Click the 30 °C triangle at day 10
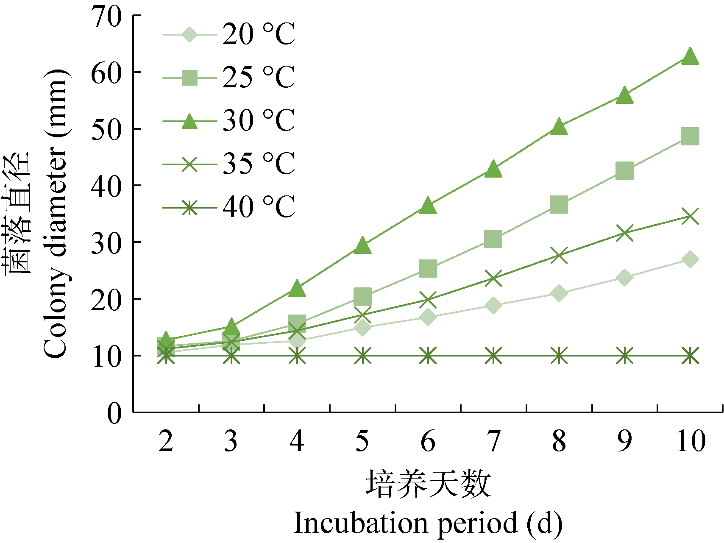coord(690,57)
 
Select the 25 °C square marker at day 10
coord(690,136)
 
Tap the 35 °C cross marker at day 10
coord(690,216)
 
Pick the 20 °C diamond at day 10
coord(690,259)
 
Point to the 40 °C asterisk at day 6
coord(428,355)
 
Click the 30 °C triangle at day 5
coord(362,246)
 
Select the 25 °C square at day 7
coord(493,239)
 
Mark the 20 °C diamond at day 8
coord(559,293)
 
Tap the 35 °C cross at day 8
coord(559,256)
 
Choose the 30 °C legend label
coord(258,121)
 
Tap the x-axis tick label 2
coord(166,441)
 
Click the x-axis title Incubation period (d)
coord(428,523)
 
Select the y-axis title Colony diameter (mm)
coord(55,212)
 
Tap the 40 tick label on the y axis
coord(106,186)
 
